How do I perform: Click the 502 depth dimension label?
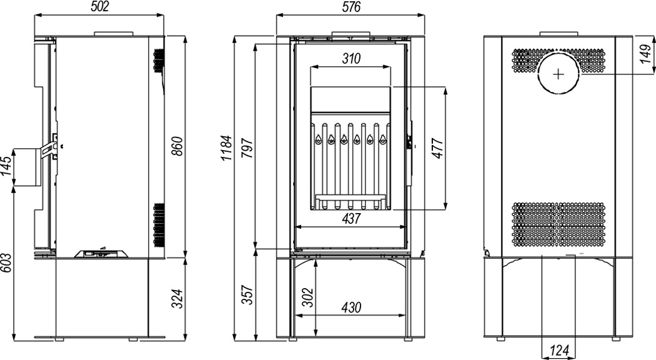click(99, 7)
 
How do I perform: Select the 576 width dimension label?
click(350, 7)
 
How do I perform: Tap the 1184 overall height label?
click(226, 147)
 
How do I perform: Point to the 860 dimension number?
click(178, 146)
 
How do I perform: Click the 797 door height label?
click(247, 147)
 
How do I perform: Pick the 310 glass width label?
click(350, 59)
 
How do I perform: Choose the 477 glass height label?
click(437, 147)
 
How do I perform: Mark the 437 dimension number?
click(350, 219)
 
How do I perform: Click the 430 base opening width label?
click(350, 307)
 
